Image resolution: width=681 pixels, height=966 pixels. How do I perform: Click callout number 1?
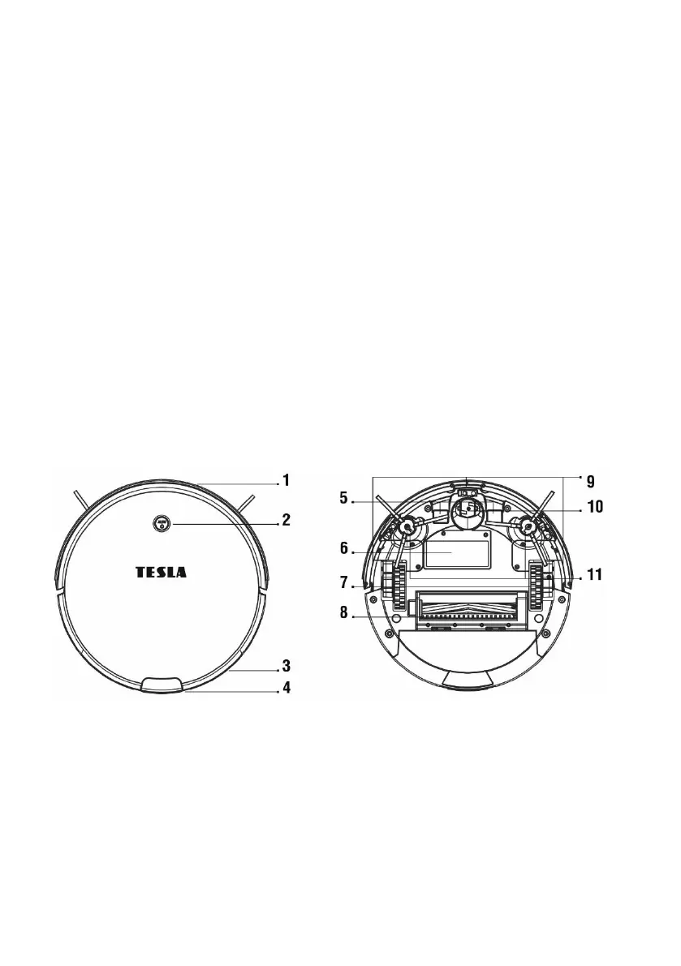click(286, 480)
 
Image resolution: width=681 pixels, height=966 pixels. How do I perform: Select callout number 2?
click(286, 520)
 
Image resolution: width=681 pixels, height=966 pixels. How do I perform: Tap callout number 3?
click(286, 666)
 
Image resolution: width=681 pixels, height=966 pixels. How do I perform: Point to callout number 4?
click(286, 688)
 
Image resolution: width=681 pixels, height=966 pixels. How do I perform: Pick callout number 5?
click(344, 498)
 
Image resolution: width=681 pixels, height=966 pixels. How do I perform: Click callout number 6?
click(344, 547)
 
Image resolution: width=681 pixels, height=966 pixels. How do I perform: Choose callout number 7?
click(344, 582)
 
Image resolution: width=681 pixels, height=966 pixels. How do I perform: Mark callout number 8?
click(344, 614)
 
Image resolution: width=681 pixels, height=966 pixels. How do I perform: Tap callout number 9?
click(590, 481)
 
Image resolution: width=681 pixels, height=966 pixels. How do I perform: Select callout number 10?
click(595, 507)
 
